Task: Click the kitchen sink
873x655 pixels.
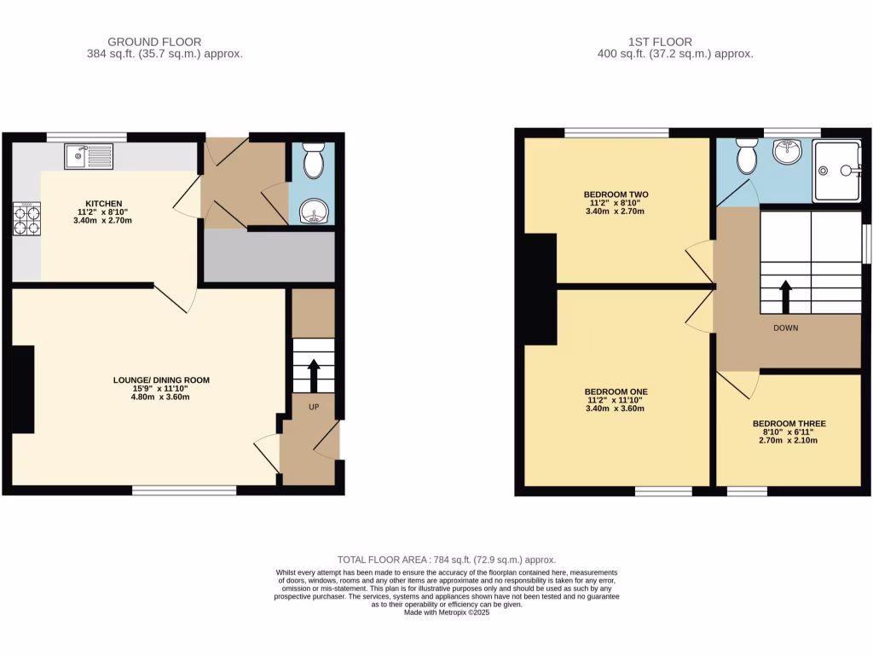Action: click(x=89, y=156)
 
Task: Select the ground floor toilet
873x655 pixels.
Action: click(x=314, y=160)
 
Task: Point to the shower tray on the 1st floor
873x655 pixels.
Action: click(x=836, y=171)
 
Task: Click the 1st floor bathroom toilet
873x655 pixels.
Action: click(x=748, y=155)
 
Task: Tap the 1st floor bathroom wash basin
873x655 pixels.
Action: click(x=788, y=154)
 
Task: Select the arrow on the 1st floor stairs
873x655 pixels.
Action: click(x=785, y=296)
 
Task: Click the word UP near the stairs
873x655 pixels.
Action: click(x=313, y=407)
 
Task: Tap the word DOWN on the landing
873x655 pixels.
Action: click(x=786, y=327)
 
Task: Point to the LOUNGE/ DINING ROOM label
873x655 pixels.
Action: click(x=161, y=380)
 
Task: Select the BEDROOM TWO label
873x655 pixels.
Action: click(x=616, y=194)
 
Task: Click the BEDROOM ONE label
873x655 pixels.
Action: click(x=616, y=392)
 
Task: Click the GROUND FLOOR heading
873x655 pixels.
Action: click(x=154, y=41)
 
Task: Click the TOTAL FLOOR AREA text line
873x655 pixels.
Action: click(x=447, y=559)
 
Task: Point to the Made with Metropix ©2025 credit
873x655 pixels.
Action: click(x=447, y=612)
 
